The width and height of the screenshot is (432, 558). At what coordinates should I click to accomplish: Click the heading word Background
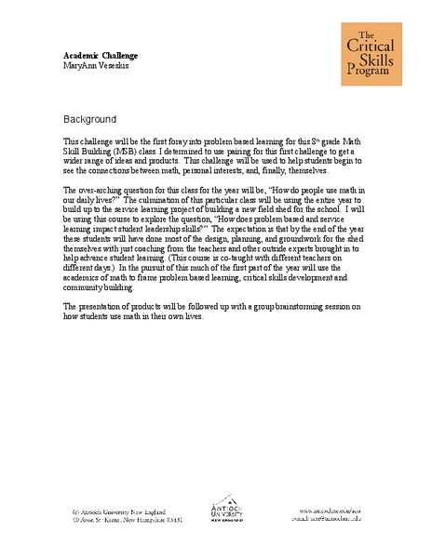[89, 120]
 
